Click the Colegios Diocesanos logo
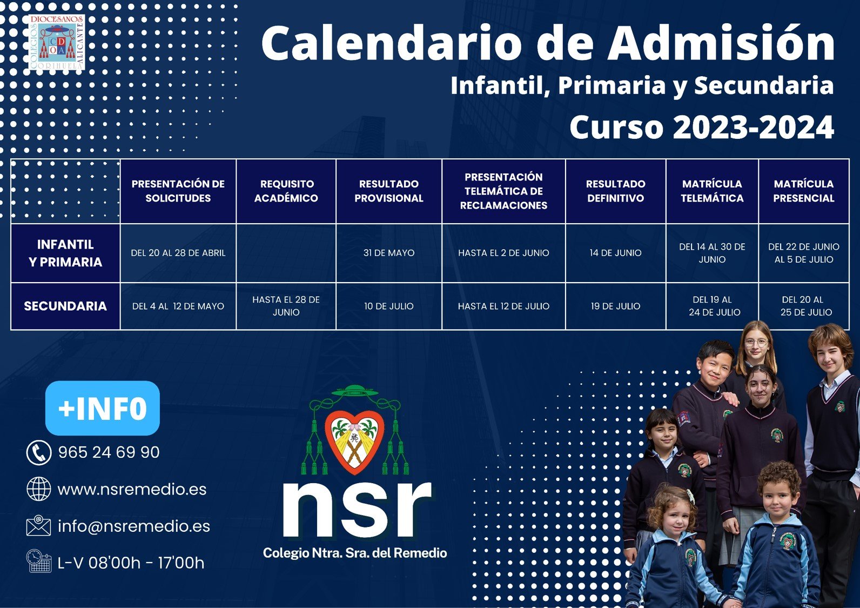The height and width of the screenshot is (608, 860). click(56, 42)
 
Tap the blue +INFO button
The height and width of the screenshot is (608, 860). click(103, 408)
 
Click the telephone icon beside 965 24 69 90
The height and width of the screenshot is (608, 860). click(39, 452)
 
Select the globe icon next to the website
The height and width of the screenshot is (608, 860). click(39, 489)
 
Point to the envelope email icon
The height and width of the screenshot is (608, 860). click(38, 526)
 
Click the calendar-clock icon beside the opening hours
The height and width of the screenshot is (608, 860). click(39, 562)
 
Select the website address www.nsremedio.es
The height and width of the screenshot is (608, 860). click(132, 489)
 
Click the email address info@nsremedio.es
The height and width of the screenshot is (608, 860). click(134, 526)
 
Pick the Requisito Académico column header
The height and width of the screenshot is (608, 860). click(286, 191)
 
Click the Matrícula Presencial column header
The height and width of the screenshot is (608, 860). click(804, 191)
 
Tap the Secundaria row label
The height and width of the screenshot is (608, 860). click(65, 306)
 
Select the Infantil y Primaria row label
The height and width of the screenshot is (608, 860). click(65, 253)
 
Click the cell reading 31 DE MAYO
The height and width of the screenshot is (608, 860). click(389, 253)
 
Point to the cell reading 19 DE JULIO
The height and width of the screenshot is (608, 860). click(615, 306)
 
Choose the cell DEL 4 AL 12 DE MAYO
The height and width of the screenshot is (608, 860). click(178, 306)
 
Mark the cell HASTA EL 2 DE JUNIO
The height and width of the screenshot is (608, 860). click(503, 253)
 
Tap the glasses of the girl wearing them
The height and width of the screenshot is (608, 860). click(756, 343)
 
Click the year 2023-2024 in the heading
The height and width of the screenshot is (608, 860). click(753, 127)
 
